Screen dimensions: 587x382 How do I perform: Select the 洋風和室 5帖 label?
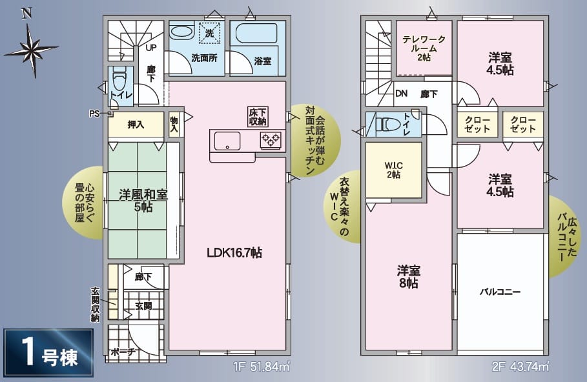click(x=143, y=200)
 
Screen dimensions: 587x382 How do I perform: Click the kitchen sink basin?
click(x=227, y=141)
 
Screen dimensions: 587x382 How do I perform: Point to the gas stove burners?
click(x=271, y=140)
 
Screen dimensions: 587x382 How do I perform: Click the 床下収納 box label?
click(x=258, y=117)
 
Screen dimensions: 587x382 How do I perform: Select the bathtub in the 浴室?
click(x=256, y=34)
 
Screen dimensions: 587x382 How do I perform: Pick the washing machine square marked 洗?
click(x=209, y=34)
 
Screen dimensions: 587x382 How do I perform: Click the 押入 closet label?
click(x=136, y=125)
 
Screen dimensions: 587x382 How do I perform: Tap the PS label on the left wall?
click(x=94, y=114)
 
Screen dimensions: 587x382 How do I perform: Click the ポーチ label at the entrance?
click(x=123, y=352)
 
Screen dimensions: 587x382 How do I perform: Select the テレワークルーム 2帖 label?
click(x=424, y=48)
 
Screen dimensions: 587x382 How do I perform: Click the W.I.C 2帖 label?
click(x=393, y=170)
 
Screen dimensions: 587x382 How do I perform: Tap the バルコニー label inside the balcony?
click(x=500, y=292)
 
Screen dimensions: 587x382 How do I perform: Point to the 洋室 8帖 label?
click(x=408, y=277)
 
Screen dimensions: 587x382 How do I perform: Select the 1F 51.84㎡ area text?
click(x=262, y=367)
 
